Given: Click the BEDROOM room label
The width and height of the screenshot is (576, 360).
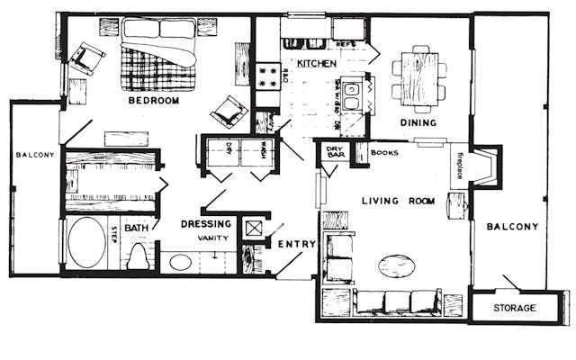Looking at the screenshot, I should (x=153, y=101).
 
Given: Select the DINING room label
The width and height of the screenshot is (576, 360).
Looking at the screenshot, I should (x=418, y=123).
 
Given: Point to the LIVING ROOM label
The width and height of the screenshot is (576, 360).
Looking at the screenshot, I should (x=398, y=201).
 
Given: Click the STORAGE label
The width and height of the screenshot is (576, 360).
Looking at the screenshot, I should (x=515, y=309).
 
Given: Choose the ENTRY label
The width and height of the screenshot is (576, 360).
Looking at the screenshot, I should (x=296, y=244).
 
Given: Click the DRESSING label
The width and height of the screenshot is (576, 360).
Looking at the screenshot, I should (x=208, y=224).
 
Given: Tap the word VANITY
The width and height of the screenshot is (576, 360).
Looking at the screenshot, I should (x=213, y=238).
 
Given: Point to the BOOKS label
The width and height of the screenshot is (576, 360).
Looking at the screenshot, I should (x=384, y=153).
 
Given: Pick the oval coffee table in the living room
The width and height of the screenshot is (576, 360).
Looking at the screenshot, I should (x=396, y=265).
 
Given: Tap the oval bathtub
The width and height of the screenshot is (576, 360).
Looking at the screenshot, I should (x=86, y=242).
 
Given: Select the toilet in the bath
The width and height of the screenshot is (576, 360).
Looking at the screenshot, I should (x=138, y=256).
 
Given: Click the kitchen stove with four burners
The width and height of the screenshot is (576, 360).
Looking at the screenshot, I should (x=267, y=76).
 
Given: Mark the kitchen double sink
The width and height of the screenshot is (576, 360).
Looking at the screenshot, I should (x=352, y=91).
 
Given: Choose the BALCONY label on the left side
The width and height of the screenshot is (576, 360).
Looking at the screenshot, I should (x=34, y=155).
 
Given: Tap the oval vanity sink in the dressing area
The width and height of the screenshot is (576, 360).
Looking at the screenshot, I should (x=180, y=263).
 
